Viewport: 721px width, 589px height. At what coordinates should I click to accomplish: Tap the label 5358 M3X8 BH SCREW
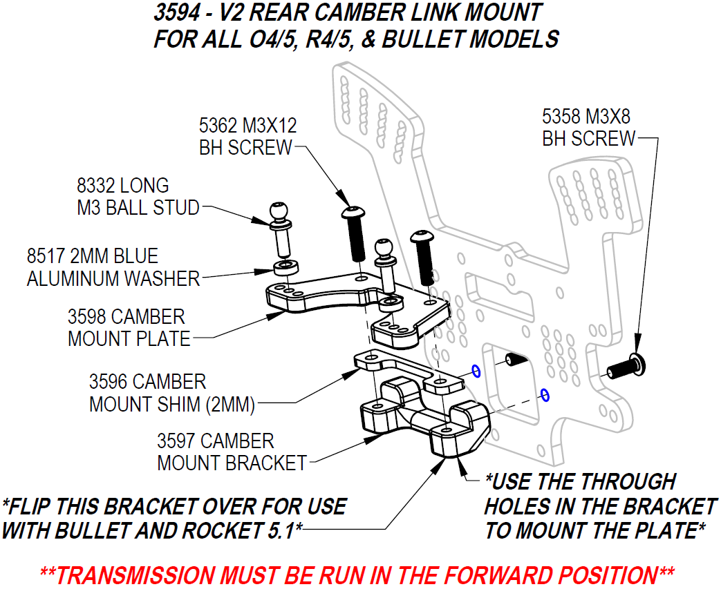coord(588,126)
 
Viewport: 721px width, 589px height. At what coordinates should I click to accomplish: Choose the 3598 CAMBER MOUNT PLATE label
coord(128,327)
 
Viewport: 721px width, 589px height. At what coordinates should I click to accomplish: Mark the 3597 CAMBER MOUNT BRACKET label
coord(231,452)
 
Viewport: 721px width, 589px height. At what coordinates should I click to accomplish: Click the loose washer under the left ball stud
coord(282,268)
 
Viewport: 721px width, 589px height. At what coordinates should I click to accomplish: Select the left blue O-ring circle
coord(476,371)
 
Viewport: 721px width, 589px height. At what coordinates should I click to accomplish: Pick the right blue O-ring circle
coord(544,395)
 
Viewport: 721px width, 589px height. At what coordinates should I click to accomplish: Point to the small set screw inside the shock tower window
coord(512,360)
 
